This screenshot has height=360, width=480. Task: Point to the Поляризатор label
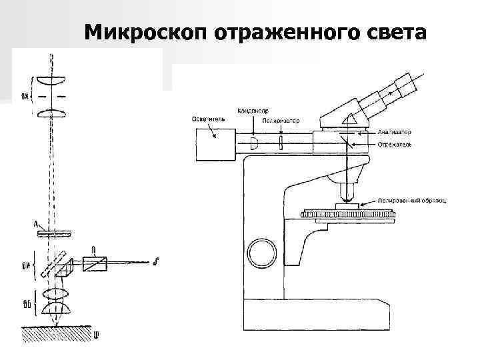pos(281,121)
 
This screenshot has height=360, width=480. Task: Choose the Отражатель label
pos(394,143)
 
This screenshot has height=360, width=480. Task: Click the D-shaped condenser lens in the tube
pos(254,143)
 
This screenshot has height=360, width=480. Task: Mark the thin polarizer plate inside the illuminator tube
pos(281,143)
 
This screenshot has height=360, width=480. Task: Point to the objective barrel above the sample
pos(346,191)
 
